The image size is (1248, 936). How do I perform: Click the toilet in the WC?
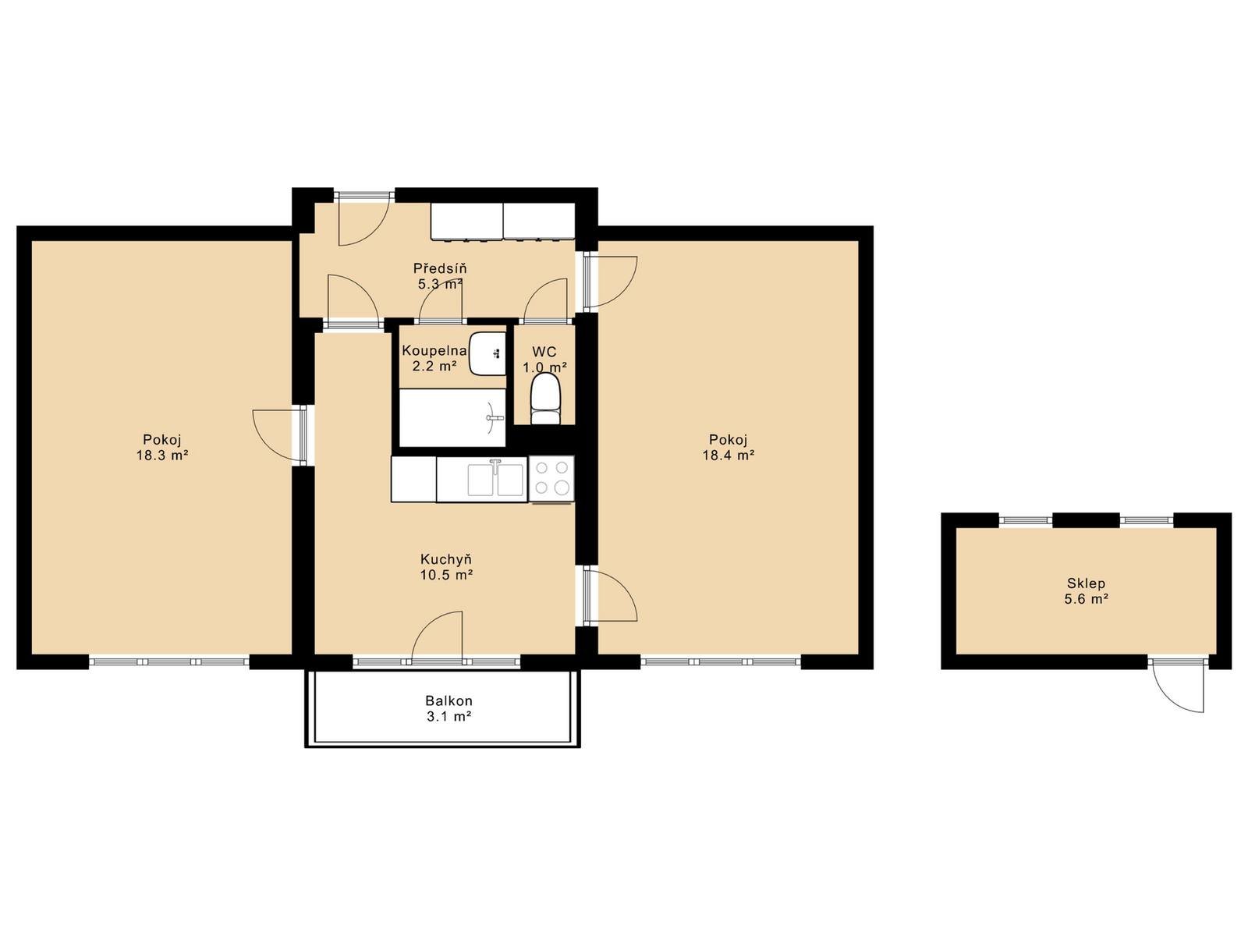(546, 399)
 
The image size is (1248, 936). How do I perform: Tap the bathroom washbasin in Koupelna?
(487, 353)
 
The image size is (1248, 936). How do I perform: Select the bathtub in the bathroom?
(452, 418)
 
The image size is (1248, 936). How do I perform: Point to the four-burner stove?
(551, 478)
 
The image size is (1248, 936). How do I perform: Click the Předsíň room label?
(439, 268)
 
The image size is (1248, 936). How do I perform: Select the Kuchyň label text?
(446, 558)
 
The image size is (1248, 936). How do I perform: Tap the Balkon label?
(448, 700)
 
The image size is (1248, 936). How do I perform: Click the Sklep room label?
(1086, 583)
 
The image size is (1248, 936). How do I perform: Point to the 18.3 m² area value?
(162, 456)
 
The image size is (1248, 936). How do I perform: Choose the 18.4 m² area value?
(729, 456)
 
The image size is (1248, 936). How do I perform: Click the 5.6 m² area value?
(1086, 598)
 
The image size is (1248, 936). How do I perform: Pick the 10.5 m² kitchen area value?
(446, 575)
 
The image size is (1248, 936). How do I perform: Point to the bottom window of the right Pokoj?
(721, 661)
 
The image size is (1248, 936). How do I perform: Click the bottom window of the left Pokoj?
(168, 661)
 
